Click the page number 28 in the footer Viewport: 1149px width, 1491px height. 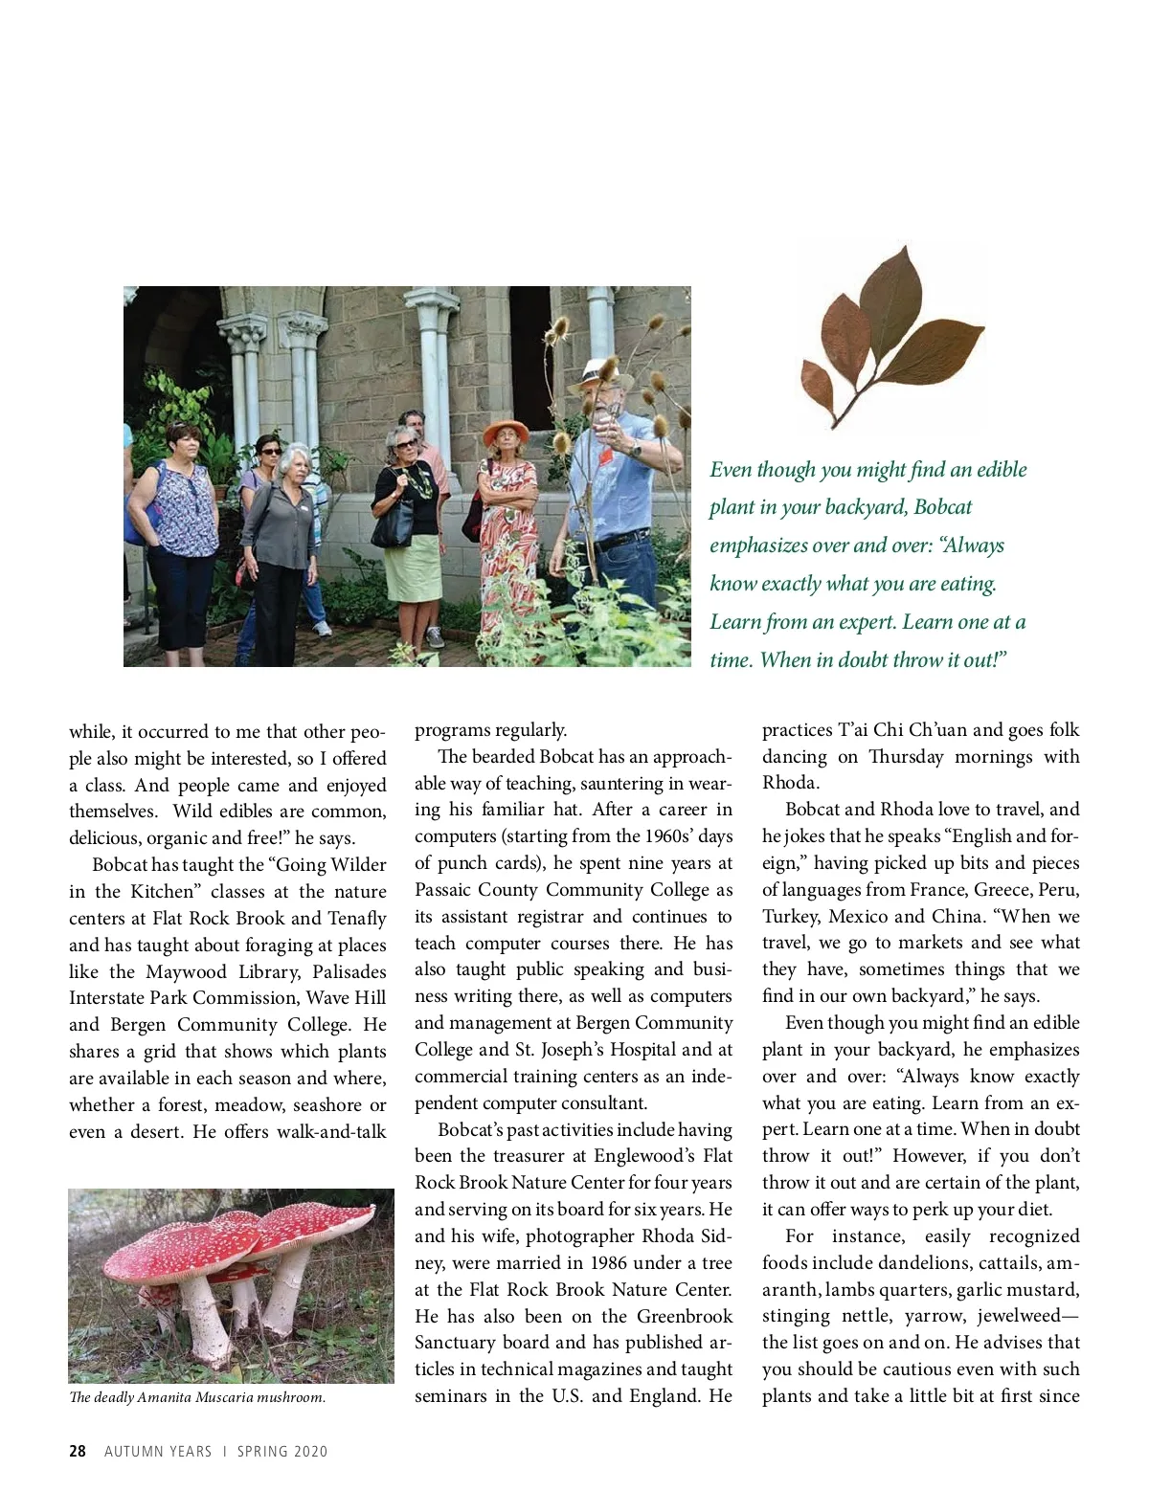click(78, 1451)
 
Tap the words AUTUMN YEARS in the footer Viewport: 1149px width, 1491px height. click(158, 1451)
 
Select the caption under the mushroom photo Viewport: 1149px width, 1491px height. click(197, 1397)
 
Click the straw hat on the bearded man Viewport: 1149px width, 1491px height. click(601, 373)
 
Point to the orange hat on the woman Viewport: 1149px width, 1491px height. click(507, 428)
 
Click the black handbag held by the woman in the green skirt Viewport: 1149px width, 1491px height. click(392, 524)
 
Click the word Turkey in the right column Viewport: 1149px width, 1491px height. click(791, 917)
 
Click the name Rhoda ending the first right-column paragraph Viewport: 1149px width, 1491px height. click(789, 783)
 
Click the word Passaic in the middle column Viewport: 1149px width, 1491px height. click(445, 890)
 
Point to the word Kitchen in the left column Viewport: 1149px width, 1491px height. click(166, 892)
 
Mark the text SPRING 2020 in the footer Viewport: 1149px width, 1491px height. click(282, 1451)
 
